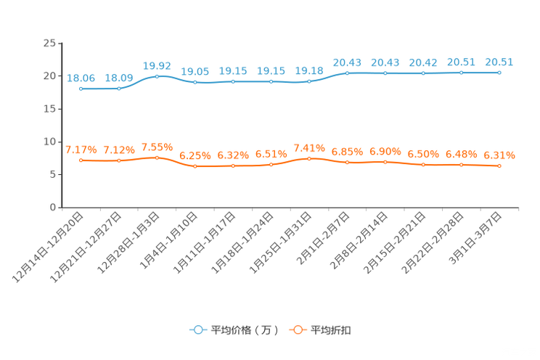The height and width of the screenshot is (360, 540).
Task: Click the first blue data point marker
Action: [81, 89]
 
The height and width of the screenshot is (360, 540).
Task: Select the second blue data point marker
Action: [119, 89]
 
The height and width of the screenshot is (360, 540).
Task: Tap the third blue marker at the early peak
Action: [157, 75]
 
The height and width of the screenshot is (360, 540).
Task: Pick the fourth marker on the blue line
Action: [195, 82]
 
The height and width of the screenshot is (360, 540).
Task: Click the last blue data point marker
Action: [499, 73]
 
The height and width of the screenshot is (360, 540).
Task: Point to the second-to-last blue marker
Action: [462, 73]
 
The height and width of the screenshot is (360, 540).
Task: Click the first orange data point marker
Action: [81, 160]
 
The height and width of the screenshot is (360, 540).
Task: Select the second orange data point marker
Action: [119, 160]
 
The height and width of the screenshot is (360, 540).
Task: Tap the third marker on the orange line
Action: [157, 157]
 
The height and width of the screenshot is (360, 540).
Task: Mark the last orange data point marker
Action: [499, 166]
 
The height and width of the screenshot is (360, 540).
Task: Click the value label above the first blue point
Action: [81, 78]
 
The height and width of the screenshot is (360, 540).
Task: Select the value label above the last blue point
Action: [499, 62]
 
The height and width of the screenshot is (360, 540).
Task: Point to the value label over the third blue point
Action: [157, 65]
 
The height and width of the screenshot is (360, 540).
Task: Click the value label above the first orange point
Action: [81, 150]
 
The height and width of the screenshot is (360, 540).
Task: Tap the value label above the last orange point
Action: [499, 155]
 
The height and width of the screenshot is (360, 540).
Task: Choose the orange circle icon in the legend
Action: [297, 330]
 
